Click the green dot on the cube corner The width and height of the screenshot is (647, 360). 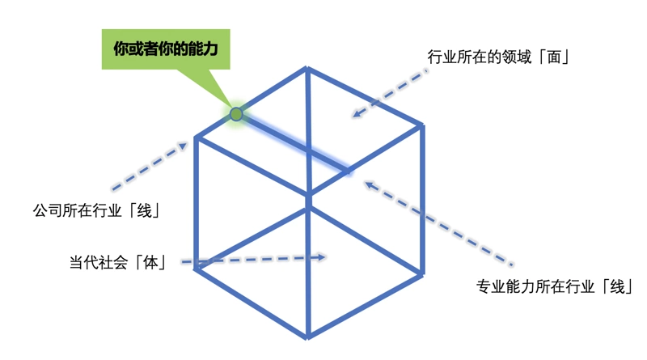236,114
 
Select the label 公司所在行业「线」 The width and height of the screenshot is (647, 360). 95,211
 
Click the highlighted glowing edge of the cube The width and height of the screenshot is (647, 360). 293,143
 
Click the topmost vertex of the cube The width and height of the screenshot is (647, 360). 307,68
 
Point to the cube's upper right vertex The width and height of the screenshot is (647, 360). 421,125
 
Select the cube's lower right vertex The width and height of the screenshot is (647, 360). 421,273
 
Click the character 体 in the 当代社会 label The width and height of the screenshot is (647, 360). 152,262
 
